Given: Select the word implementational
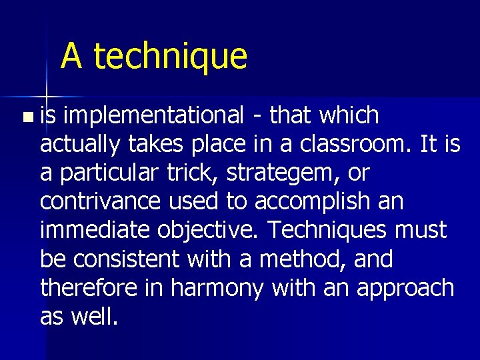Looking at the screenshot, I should pyautogui.click(x=155, y=115).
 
